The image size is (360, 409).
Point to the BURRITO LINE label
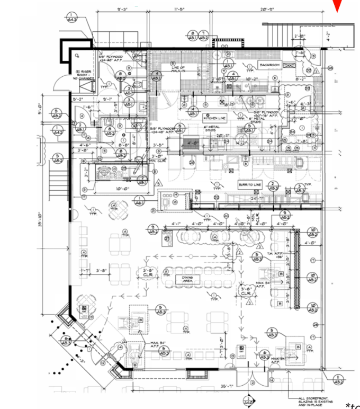pos(249,184)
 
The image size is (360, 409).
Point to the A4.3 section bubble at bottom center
pos(248,400)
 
